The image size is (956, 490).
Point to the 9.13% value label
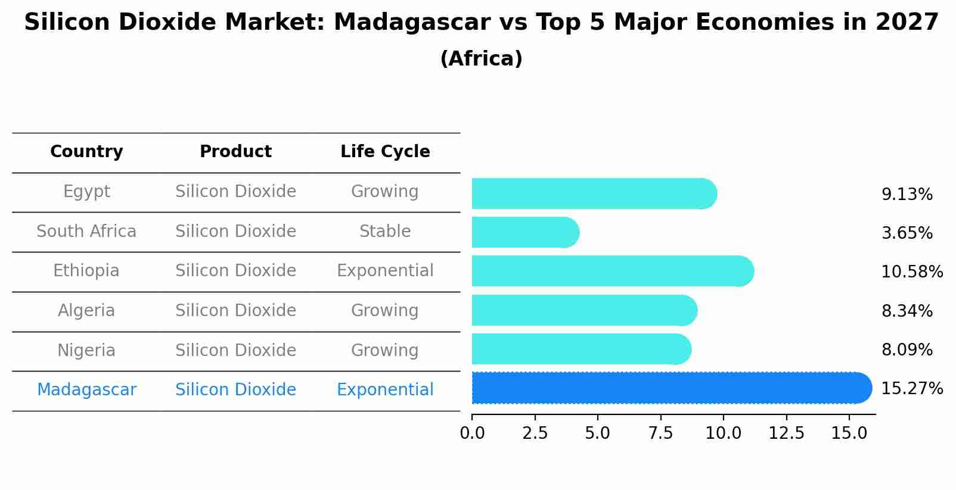(907, 195)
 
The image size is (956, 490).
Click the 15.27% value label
(911, 389)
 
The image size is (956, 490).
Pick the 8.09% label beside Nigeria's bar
(907, 350)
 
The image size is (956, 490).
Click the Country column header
(86, 152)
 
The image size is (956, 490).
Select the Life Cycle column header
(385, 152)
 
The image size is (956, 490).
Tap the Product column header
(235, 152)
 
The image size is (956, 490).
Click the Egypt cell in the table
(86, 192)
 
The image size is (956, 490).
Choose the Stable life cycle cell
(385, 232)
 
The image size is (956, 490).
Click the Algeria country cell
(86, 311)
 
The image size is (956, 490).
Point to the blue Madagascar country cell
(86, 390)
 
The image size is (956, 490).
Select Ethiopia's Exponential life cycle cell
(385, 271)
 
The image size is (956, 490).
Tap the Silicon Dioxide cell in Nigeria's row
(235, 351)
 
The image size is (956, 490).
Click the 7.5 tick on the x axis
(660, 433)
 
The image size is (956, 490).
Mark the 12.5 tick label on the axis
(786, 433)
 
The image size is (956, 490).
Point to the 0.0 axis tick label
(472, 433)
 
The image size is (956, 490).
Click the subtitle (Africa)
(481, 59)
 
